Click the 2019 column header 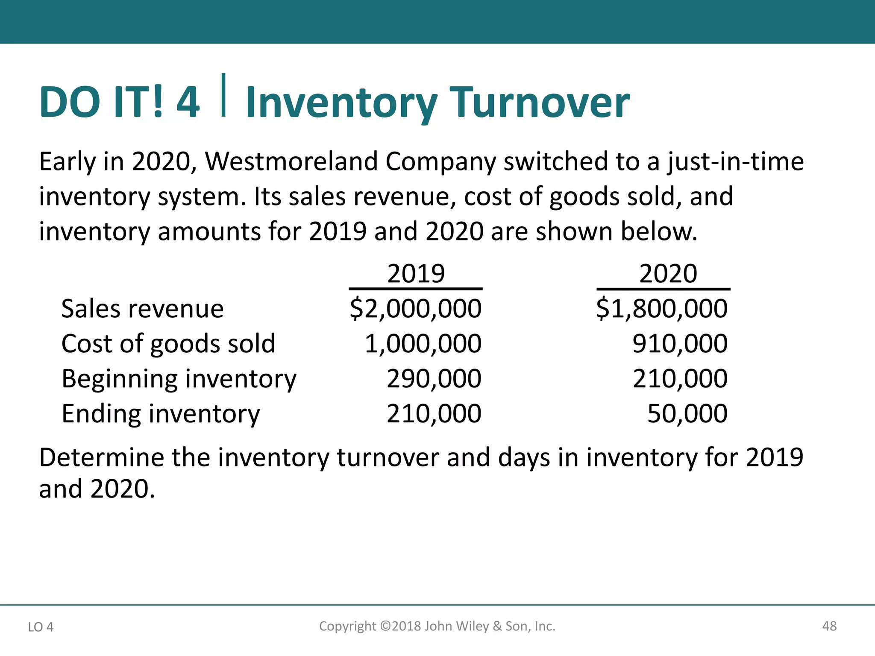tap(416, 273)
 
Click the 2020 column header tap(668, 273)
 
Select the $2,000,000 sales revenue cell tap(415, 308)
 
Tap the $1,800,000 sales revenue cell tap(662, 308)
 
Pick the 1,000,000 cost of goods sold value tap(423, 343)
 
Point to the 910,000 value tap(680, 343)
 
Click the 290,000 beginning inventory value tap(434, 378)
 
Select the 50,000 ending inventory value tap(687, 413)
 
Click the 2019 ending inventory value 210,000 tap(434, 413)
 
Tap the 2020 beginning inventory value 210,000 tap(680, 378)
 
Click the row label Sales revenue tap(142, 308)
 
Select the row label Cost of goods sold tap(168, 343)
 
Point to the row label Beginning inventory tap(179, 379)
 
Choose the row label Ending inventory tap(161, 414)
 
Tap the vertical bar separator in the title tap(223, 95)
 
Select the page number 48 tap(829, 626)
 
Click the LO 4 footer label tap(41, 627)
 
